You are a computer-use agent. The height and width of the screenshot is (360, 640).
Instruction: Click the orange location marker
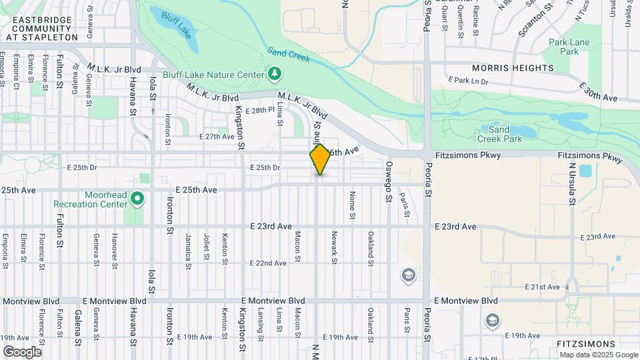(320, 159)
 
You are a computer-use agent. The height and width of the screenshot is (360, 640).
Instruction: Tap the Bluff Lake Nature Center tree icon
(273, 73)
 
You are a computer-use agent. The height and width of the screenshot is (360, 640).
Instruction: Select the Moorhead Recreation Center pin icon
(137, 198)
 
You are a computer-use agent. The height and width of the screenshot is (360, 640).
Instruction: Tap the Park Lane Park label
(569, 47)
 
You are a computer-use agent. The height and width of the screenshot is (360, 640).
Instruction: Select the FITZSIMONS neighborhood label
(585, 343)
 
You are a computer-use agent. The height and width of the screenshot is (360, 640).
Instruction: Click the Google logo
(22, 351)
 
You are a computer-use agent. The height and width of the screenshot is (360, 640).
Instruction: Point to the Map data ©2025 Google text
(597, 355)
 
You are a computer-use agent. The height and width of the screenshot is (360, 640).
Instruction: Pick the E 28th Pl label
(260, 110)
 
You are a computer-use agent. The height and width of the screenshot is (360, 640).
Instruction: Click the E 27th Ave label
(217, 136)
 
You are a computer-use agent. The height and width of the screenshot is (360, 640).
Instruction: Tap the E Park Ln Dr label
(468, 81)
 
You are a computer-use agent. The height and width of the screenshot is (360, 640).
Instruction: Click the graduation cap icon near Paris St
(408, 275)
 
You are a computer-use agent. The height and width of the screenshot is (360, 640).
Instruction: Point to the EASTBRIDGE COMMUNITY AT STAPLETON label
(42, 29)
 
